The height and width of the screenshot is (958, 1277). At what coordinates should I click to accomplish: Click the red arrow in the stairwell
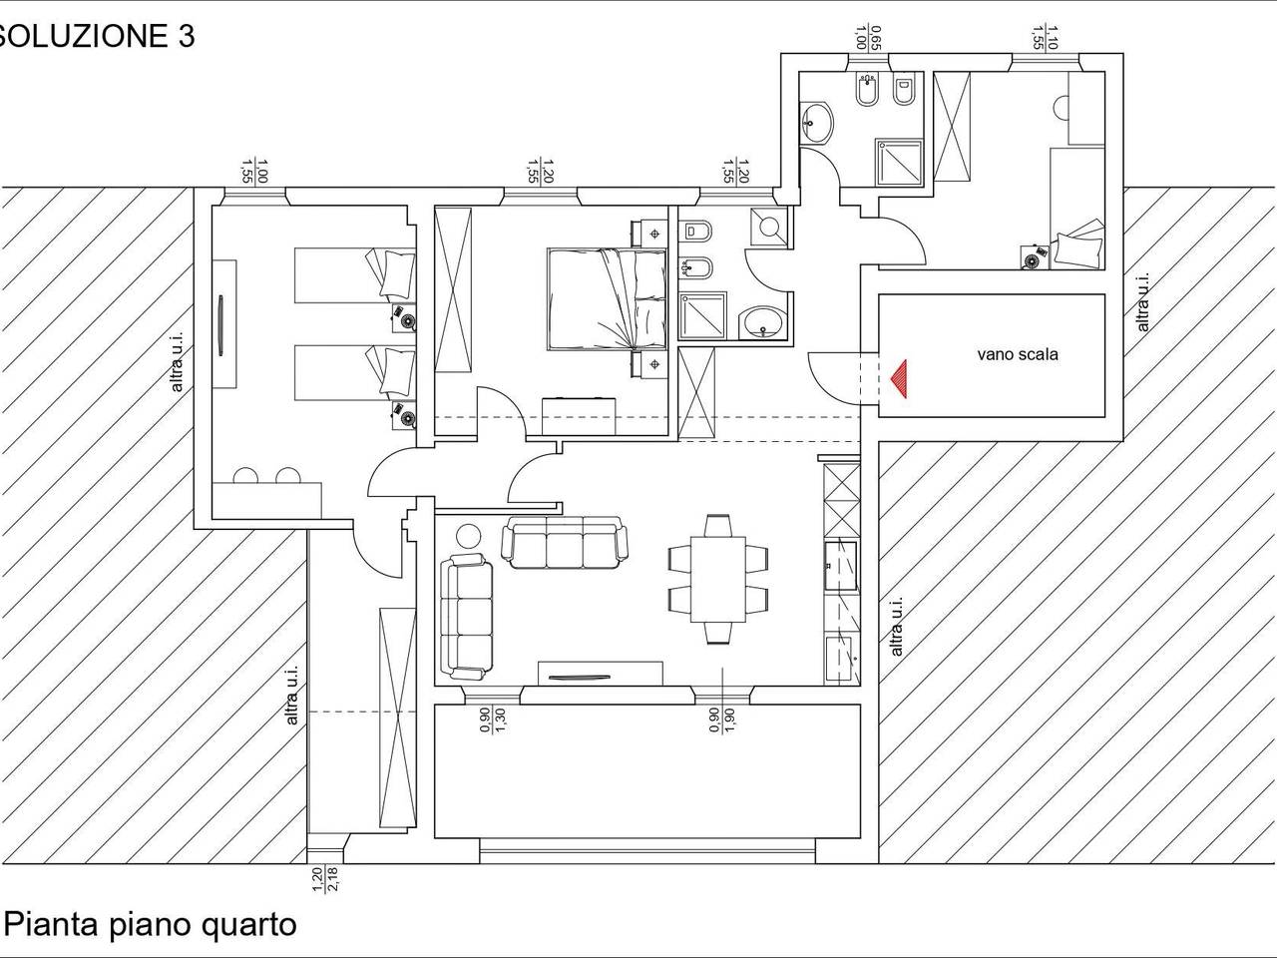pyautogui.click(x=899, y=379)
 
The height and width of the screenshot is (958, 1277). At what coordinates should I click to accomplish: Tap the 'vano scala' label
pyautogui.click(x=1017, y=354)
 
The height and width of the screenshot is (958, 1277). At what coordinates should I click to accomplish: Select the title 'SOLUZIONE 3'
pyautogui.click(x=96, y=36)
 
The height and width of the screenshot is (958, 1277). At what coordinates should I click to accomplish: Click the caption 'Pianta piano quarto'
pyautogui.click(x=152, y=924)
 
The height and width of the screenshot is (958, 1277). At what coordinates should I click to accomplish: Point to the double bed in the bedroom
pyautogui.click(x=606, y=298)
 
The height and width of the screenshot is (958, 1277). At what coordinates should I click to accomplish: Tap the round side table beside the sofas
pyautogui.click(x=467, y=536)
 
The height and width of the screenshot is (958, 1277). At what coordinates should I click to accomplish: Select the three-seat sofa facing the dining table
pyautogui.click(x=565, y=542)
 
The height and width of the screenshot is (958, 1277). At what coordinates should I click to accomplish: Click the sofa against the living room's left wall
pyautogui.click(x=467, y=614)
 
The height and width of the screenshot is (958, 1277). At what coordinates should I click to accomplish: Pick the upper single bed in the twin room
pyautogui.click(x=354, y=275)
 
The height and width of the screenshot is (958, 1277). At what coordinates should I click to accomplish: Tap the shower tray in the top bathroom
pyautogui.click(x=900, y=163)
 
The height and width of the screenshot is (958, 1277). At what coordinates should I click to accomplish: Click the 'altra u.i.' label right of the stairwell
pyautogui.click(x=1143, y=301)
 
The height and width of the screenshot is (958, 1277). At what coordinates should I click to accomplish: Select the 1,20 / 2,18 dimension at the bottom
pyautogui.click(x=325, y=878)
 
